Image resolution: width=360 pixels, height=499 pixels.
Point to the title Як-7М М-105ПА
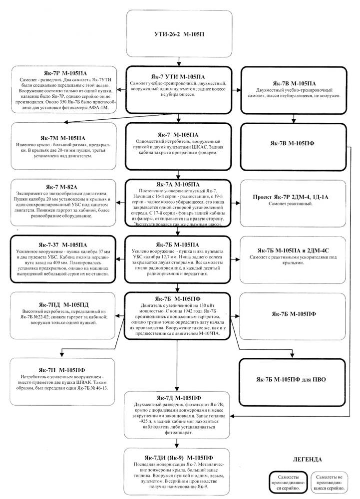coord(61,137)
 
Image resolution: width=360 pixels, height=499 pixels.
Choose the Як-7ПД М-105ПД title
coord(61,304)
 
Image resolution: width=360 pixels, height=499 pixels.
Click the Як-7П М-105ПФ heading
coord(61,369)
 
